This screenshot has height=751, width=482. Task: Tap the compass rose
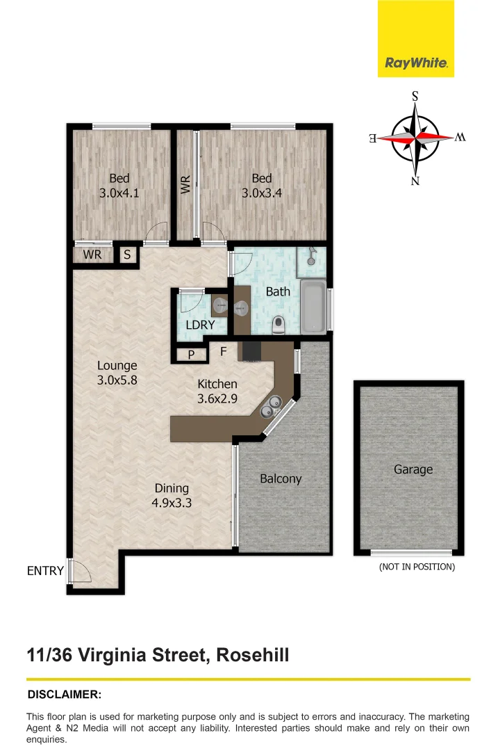click(415, 138)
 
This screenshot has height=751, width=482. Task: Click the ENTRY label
click(45, 571)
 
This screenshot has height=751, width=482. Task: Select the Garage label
click(413, 469)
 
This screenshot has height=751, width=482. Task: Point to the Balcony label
click(281, 478)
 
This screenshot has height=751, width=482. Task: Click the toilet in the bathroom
click(279, 324)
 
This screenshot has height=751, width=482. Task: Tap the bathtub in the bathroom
click(313, 306)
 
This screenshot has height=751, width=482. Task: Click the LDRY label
click(200, 325)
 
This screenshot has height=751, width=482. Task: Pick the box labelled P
click(192, 355)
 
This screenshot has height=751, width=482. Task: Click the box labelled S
click(127, 255)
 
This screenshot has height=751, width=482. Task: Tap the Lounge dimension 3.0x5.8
click(117, 380)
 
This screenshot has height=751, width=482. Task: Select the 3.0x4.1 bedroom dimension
click(119, 194)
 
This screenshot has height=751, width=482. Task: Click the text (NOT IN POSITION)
click(417, 567)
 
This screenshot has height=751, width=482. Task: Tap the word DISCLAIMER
click(64, 694)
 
